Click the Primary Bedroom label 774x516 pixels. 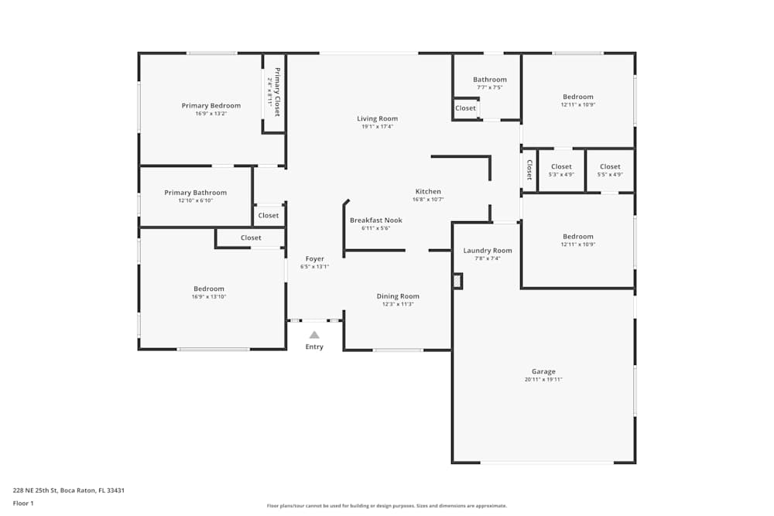click(211, 105)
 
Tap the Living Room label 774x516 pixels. click(377, 118)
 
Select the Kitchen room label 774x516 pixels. click(428, 191)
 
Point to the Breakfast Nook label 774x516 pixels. click(375, 220)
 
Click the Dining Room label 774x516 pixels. click(398, 296)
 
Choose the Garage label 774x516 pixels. click(543, 371)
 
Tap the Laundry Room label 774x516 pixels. click(488, 250)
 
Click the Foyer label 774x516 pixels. click(314, 258)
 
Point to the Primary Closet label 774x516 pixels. click(277, 92)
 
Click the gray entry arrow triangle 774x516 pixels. click(314, 335)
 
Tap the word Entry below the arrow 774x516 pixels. click(314, 347)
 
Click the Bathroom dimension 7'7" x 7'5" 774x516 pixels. click(489, 87)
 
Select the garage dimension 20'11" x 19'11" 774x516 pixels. click(543, 380)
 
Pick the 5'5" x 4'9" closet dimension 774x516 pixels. click(610, 174)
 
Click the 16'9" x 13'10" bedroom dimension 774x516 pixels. click(209, 296)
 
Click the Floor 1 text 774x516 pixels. click(23, 503)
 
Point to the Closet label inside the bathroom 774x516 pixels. click(465, 108)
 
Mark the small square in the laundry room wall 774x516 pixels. click(457, 281)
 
